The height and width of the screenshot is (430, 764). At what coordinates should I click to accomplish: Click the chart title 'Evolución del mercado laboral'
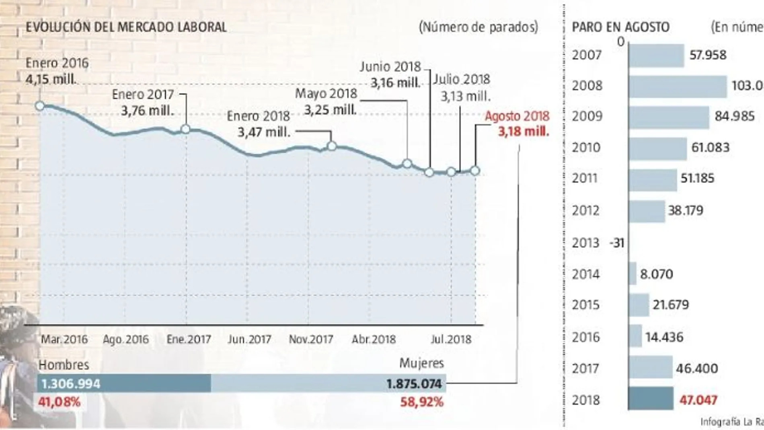126,27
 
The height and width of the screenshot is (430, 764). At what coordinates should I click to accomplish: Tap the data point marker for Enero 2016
40,106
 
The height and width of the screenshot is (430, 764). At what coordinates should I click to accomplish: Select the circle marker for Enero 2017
185,129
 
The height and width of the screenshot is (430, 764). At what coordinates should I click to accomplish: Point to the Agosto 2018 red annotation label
517,116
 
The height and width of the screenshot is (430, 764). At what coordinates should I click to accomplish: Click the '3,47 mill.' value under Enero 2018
264,132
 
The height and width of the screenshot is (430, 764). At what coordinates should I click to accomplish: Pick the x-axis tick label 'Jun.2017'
249,339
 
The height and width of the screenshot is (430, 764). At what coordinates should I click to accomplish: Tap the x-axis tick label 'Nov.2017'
311,339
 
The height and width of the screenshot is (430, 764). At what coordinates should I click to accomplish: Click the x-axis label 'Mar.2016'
64,339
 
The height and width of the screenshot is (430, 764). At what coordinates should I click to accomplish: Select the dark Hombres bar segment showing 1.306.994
124,384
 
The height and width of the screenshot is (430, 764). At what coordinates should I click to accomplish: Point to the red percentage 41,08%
59,402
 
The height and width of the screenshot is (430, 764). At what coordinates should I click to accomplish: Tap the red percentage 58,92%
422,402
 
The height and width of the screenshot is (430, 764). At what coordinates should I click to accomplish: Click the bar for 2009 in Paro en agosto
669,117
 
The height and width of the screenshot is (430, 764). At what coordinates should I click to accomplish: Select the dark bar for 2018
651,399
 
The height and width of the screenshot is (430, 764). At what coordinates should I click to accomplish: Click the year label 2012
585,210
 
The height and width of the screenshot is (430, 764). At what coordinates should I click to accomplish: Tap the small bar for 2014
633,274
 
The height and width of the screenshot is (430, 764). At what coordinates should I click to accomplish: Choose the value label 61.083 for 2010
710,148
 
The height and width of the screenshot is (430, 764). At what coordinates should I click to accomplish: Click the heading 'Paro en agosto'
620,27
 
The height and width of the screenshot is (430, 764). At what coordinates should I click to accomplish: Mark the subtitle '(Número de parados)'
479,27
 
